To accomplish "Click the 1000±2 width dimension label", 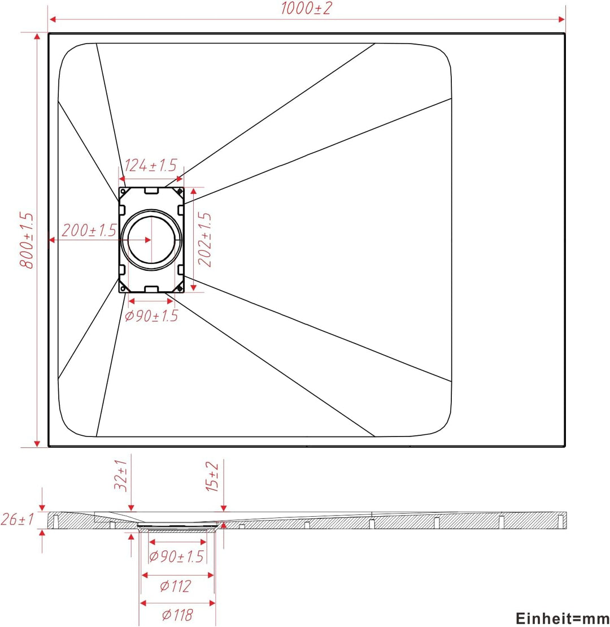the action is click(x=306, y=8).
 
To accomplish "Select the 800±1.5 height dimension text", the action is click(x=27, y=240).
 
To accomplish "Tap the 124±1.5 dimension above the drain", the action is click(x=151, y=165).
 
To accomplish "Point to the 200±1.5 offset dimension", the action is click(x=89, y=230).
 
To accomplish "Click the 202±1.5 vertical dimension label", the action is click(x=205, y=239).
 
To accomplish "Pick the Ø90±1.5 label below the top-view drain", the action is click(x=151, y=316).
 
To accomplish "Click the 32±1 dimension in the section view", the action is click(x=121, y=475).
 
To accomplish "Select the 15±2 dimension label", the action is click(x=212, y=477).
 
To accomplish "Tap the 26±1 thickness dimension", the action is click(x=18, y=520).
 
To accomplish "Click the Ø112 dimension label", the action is click(x=175, y=586).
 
